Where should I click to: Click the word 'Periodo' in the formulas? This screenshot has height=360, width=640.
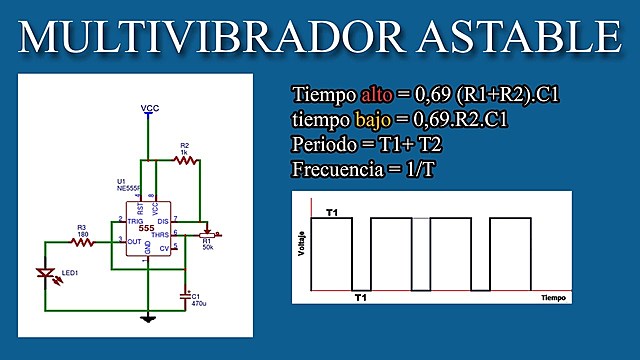(x=326, y=144)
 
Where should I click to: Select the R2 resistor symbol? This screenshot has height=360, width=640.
(x=186, y=160)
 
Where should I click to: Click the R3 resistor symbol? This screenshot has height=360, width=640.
(x=84, y=241)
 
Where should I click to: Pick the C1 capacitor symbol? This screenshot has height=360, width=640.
(x=183, y=295)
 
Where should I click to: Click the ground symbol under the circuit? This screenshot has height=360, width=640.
(x=148, y=318)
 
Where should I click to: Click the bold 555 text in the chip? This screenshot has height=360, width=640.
(x=147, y=228)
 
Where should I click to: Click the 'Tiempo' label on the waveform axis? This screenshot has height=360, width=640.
(x=553, y=298)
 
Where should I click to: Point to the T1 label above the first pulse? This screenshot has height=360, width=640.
(x=332, y=214)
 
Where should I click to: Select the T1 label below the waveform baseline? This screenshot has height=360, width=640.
(x=361, y=297)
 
